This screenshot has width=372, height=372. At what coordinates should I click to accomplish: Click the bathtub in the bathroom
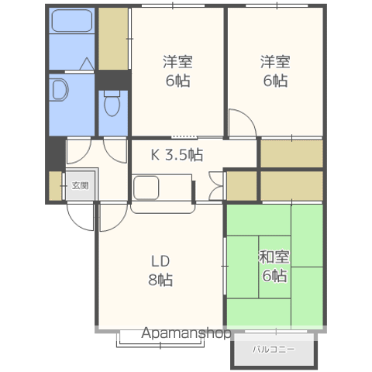click(x=72, y=21)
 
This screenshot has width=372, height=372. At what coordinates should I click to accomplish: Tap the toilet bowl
click(x=112, y=104)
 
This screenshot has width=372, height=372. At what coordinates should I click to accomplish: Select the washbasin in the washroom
click(x=59, y=90)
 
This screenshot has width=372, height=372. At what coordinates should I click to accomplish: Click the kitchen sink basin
click(x=146, y=188)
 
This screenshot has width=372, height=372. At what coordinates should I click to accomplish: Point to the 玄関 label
click(x=81, y=185)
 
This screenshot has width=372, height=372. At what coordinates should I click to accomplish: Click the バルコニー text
click(x=274, y=350)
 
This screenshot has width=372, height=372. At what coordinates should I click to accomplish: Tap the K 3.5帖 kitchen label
click(x=177, y=155)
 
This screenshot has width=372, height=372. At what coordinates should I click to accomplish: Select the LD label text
click(x=160, y=261)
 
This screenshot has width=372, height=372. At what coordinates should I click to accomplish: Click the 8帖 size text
click(x=160, y=280)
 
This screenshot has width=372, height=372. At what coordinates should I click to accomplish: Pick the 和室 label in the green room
click(x=274, y=257)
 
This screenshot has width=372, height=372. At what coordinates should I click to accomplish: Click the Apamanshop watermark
click(x=186, y=333)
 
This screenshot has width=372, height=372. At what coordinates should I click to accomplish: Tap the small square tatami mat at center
click(x=274, y=267)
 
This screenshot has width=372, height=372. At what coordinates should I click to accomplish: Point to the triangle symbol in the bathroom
click(x=87, y=64)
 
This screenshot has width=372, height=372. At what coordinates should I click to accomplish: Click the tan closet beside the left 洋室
click(x=113, y=39)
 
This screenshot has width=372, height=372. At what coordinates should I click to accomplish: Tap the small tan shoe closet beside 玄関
click(x=55, y=185)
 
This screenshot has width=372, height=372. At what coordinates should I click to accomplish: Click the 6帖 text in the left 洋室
click(x=178, y=81)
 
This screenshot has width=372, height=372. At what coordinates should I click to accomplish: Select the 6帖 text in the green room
click(x=274, y=275)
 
